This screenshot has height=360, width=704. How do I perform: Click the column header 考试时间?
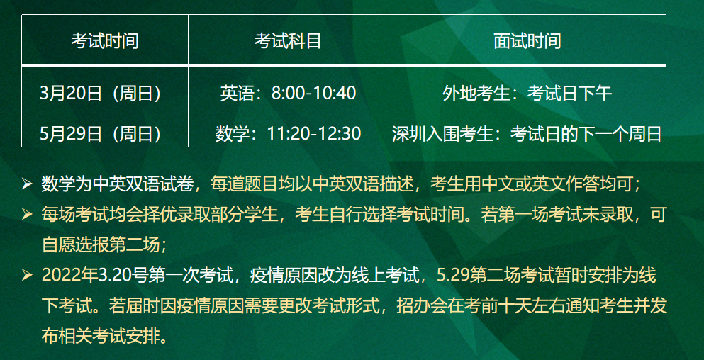click(105, 41)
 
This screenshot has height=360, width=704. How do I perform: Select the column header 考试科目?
click(288, 41)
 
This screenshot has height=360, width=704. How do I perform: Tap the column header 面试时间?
click(527, 41)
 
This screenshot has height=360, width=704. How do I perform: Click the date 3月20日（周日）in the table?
click(101, 94)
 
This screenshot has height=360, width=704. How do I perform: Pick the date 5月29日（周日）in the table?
click(101, 134)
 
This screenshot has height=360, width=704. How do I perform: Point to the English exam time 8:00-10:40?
click(313, 94)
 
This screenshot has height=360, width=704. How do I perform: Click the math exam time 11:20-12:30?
click(314, 133)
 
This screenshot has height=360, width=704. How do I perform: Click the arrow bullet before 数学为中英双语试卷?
click(27, 184)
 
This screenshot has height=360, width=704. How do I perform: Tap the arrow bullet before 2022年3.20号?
click(27, 275)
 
